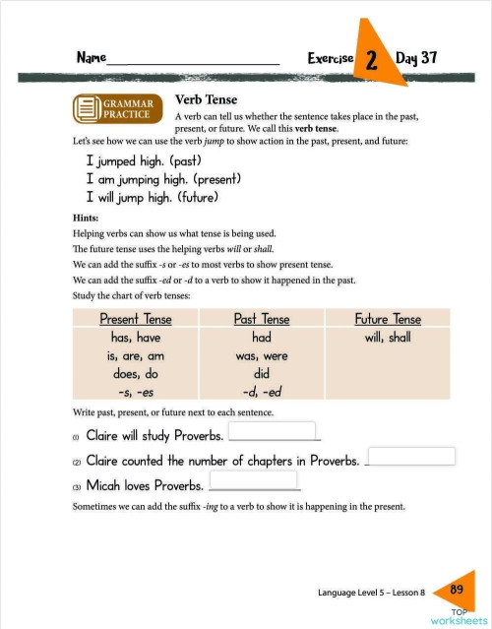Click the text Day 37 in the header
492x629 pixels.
pos(416,58)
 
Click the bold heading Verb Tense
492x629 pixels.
pos(206,99)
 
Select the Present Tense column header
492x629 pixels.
pos(136,319)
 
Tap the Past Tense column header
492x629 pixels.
pos(262,319)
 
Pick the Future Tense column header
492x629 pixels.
pos(388,319)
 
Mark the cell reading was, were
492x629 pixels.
pos(262,356)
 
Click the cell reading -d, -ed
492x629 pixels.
pos(262,392)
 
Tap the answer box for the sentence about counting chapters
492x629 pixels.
pos(411,457)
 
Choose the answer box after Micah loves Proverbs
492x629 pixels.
pos(255,482)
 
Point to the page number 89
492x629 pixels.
pos(457,589)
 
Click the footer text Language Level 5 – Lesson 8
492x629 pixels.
pos(371,593)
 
